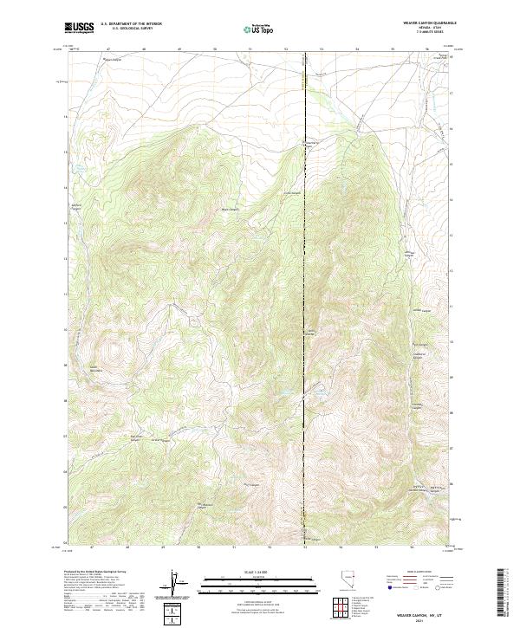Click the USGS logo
pyautogui.click(x=80, y=28)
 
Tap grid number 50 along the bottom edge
pyautogui.click(x=199, y=547)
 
